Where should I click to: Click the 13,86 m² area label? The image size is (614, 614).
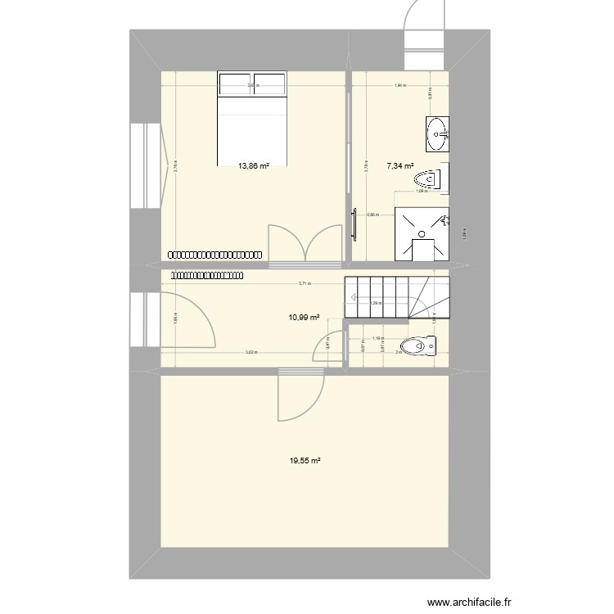(x=254, y=165)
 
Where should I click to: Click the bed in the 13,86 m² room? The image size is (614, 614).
(x=253, y=119)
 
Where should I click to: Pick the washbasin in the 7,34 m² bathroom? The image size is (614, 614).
(x=437, y=133)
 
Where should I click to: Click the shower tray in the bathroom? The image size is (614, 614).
(x=422, y=234)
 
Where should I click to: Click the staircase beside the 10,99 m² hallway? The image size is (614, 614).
(x=397, y=297)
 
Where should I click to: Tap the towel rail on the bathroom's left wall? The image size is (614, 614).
(x=355, y=224)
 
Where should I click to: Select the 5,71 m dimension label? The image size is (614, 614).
(x=305, y=284)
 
